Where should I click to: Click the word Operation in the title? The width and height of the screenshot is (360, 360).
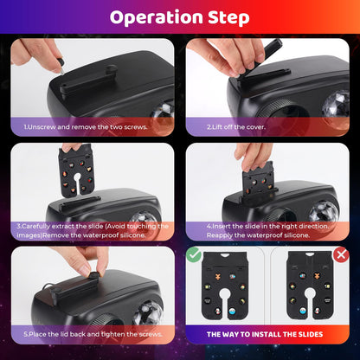[157, 18]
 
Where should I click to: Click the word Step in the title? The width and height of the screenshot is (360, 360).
[228, 18]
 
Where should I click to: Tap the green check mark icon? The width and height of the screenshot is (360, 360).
[194, 254]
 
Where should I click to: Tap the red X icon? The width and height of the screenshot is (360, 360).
[341, 254]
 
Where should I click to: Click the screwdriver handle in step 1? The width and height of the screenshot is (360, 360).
[60, 62]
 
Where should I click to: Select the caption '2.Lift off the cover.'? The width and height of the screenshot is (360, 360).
[236, 127]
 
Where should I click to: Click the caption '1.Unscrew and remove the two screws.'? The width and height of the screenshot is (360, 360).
[86, 127]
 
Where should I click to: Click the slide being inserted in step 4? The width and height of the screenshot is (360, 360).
[259, 180]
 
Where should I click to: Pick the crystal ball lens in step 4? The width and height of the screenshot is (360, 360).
[324, 213]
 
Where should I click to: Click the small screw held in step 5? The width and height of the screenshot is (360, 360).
[93, 274]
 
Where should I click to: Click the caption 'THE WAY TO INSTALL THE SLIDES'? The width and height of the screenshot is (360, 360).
[265, 334]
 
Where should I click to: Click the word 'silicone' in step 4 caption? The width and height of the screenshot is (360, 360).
[297, 235]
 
